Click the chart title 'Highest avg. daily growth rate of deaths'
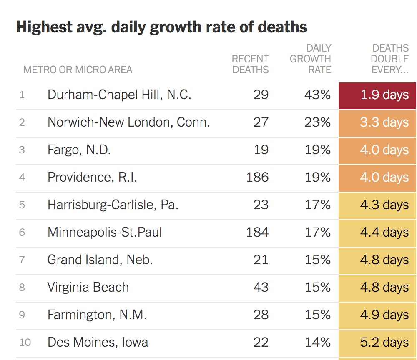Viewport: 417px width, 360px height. tap(161, 27)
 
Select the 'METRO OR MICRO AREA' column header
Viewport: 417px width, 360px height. tap(78, 70)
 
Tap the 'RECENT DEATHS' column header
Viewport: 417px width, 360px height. tap(250, 64)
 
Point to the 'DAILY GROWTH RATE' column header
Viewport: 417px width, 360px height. tap(311, 59)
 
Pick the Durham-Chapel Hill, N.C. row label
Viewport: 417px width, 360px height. tap(119, 95)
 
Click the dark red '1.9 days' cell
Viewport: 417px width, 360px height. tap(378, 95)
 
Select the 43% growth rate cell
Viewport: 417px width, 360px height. tap(317, 95)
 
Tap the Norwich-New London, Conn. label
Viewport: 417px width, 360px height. tap(128, 122)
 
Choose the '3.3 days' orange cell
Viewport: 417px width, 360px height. tap(378, 122)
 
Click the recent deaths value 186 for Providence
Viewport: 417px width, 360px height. tap(257, 177)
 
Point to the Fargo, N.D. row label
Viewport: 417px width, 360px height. tap(79, 150)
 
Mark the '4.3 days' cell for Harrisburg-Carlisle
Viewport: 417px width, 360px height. tap(378, 205)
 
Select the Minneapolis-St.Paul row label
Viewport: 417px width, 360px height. tap(105, 232)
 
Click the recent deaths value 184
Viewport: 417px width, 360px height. tap(257, 232)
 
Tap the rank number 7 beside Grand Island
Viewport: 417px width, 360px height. tap(22, 260)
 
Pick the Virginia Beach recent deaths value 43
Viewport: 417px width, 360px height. tap(261, 287)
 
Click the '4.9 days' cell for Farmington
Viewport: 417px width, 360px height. tap(378, 315)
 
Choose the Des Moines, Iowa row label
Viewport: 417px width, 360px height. tap(98, 342)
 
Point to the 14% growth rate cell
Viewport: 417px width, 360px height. tap(317, 342)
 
